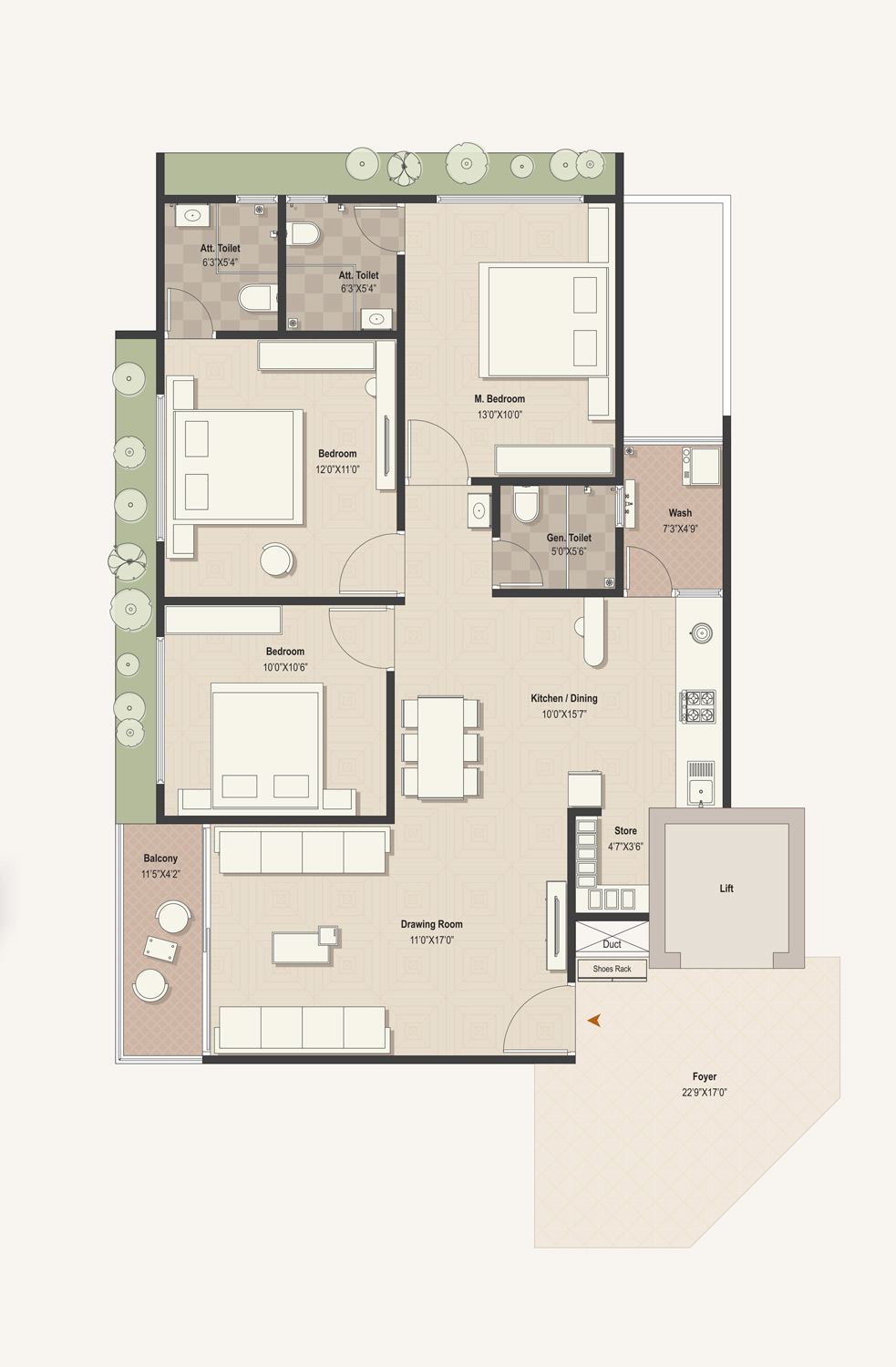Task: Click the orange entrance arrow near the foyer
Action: pyautogui.click(x=594, y=1020)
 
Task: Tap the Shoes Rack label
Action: pyautogui.click(x=612, y=969)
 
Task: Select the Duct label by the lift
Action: pyautogui.click(x=612, y=944)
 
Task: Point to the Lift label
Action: pyautogui.click(x=726, y=889)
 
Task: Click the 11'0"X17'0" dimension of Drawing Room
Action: pyautogui.click(x=431, y=940)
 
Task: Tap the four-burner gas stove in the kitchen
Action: pyautogui.click(x=698, y=706)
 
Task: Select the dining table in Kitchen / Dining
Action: pyautogui.click(x=440, y=747)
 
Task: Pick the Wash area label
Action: pyautogui.click(x=680, y=513)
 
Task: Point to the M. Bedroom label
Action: pyautogui.click(x=499, y=399)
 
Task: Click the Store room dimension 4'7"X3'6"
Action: pyautogui.click(x=625, y=847)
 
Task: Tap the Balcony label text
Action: pyautogui.click(x=160, y=858)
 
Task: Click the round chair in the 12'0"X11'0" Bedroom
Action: pyautogui.click(x=277, y=559)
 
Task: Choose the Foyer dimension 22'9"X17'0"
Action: pyautogui.click(x=705, y=1093)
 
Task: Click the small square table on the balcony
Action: pyautogui.click(x=160, y=949)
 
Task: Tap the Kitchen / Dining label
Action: pyautogui.click(x=564, y=698)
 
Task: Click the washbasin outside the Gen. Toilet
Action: pyautogui.click(x=479, y=510)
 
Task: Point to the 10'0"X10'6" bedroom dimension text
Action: pyautogui.click(x=285, y=668)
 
